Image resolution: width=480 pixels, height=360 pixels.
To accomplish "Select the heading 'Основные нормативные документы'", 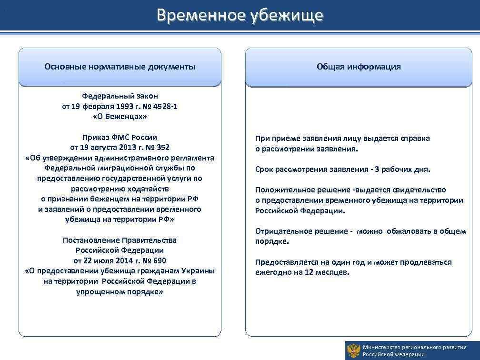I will (120, 67).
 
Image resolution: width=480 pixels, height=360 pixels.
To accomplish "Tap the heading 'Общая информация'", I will (359, 67).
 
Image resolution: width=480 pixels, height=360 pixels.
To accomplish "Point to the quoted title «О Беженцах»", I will (120, 117).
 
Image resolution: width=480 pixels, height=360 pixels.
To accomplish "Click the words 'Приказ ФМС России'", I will (120, 137).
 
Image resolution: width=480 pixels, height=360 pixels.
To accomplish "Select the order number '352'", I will (162, 148).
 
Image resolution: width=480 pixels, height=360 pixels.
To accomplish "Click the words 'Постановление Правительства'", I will (120, 240).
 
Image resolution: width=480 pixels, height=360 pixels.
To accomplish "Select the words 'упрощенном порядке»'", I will (120, 291).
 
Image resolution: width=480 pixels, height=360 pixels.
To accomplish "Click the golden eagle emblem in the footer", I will (353, 350).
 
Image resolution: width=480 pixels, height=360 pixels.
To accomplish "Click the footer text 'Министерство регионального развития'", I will (414, 347).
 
